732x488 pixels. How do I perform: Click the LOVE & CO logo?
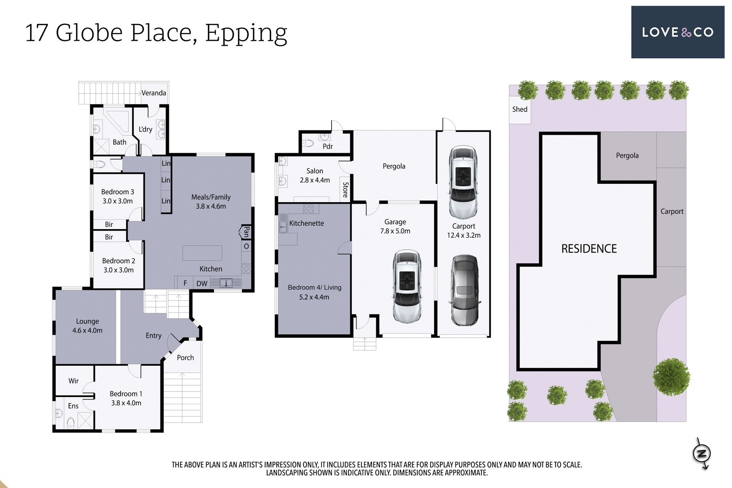click(x=677, y=32)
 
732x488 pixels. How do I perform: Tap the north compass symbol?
click(x=701, y=453)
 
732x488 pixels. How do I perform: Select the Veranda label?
click(x=154, y=93)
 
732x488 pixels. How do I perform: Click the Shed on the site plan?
click(x=520, y=109)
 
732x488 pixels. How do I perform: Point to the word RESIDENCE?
click(x=589, y=249)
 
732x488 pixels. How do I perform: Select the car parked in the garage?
click(x=407, y=286)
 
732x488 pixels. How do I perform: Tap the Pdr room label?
click(x=327, y=146)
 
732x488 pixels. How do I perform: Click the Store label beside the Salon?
click(x=345, y=189)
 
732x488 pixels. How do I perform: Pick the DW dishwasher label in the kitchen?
click(x=202, y=283)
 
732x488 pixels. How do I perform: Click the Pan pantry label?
click(x=246, y=231)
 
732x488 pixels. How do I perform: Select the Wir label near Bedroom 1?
click(x=74, y=381)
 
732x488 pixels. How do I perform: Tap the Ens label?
click(x=73, y=406)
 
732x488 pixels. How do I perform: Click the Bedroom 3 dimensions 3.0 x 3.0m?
click(x=117, y=201)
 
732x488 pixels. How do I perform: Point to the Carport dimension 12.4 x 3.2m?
click(x=464, y=235)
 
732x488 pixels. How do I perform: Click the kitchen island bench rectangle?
click(x=202, y=253)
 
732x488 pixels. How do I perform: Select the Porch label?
click(x=185, y=358)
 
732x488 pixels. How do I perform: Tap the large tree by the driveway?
click(x=671, y=377)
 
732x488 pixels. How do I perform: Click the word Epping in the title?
click(x=246, y=34)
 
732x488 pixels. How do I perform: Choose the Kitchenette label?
click(x=307, y=223)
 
